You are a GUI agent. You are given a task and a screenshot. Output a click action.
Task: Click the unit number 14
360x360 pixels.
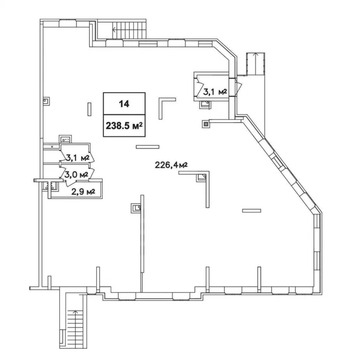(x=124, y=104)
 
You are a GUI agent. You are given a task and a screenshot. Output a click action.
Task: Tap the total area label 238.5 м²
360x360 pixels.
(x=124, y=126)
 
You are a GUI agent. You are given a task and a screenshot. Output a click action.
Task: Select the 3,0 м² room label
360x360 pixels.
(x=77, y=174)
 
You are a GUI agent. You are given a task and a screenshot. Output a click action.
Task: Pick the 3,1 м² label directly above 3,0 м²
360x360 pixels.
(x=77, y=157)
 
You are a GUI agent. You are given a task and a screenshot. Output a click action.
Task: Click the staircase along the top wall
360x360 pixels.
(x=130, y=30)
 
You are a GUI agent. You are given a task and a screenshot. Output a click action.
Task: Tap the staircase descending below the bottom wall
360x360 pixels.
(x=75, y=326)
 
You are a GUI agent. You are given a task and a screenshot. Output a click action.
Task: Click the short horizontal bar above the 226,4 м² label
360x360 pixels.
(x=147, y=146)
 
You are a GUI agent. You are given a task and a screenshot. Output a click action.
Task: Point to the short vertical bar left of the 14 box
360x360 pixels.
(x=89, y=109)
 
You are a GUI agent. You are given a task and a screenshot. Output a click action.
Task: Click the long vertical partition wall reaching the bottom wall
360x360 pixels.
(x=142, y=243)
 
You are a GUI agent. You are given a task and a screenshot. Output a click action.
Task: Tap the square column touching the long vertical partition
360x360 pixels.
(x=136, y=208)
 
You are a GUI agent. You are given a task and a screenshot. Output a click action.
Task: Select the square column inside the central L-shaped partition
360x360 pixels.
(x=202, y=178)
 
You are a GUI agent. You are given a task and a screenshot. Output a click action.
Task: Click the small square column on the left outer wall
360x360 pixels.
(x=47, y=100)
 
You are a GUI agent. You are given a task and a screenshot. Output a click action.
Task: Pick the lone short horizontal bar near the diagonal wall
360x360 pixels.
(x=252, y=210)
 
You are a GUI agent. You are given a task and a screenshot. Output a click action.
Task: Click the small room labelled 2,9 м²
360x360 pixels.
(x=76, y=190)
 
